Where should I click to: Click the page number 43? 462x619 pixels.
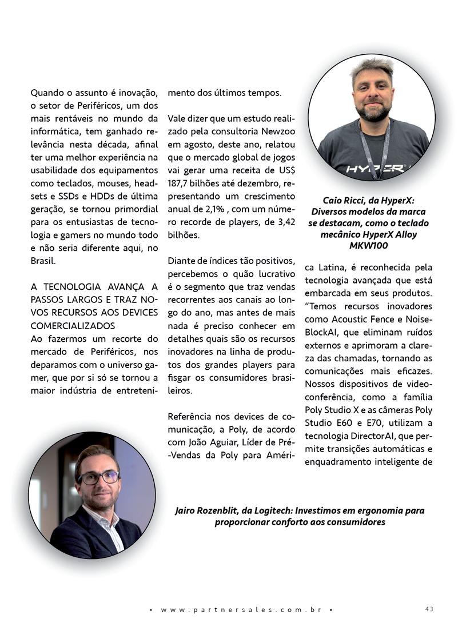coord(429,609)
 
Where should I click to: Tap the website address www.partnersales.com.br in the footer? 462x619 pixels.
coord(240,609)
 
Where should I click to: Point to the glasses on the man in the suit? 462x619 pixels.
coord(98,478)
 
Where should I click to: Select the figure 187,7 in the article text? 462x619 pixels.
coord(180,183)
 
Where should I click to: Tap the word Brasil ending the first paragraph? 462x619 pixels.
coord(43,259)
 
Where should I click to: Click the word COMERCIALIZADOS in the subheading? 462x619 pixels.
coord(72,325)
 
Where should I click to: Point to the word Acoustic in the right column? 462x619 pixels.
coord(351,318)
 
